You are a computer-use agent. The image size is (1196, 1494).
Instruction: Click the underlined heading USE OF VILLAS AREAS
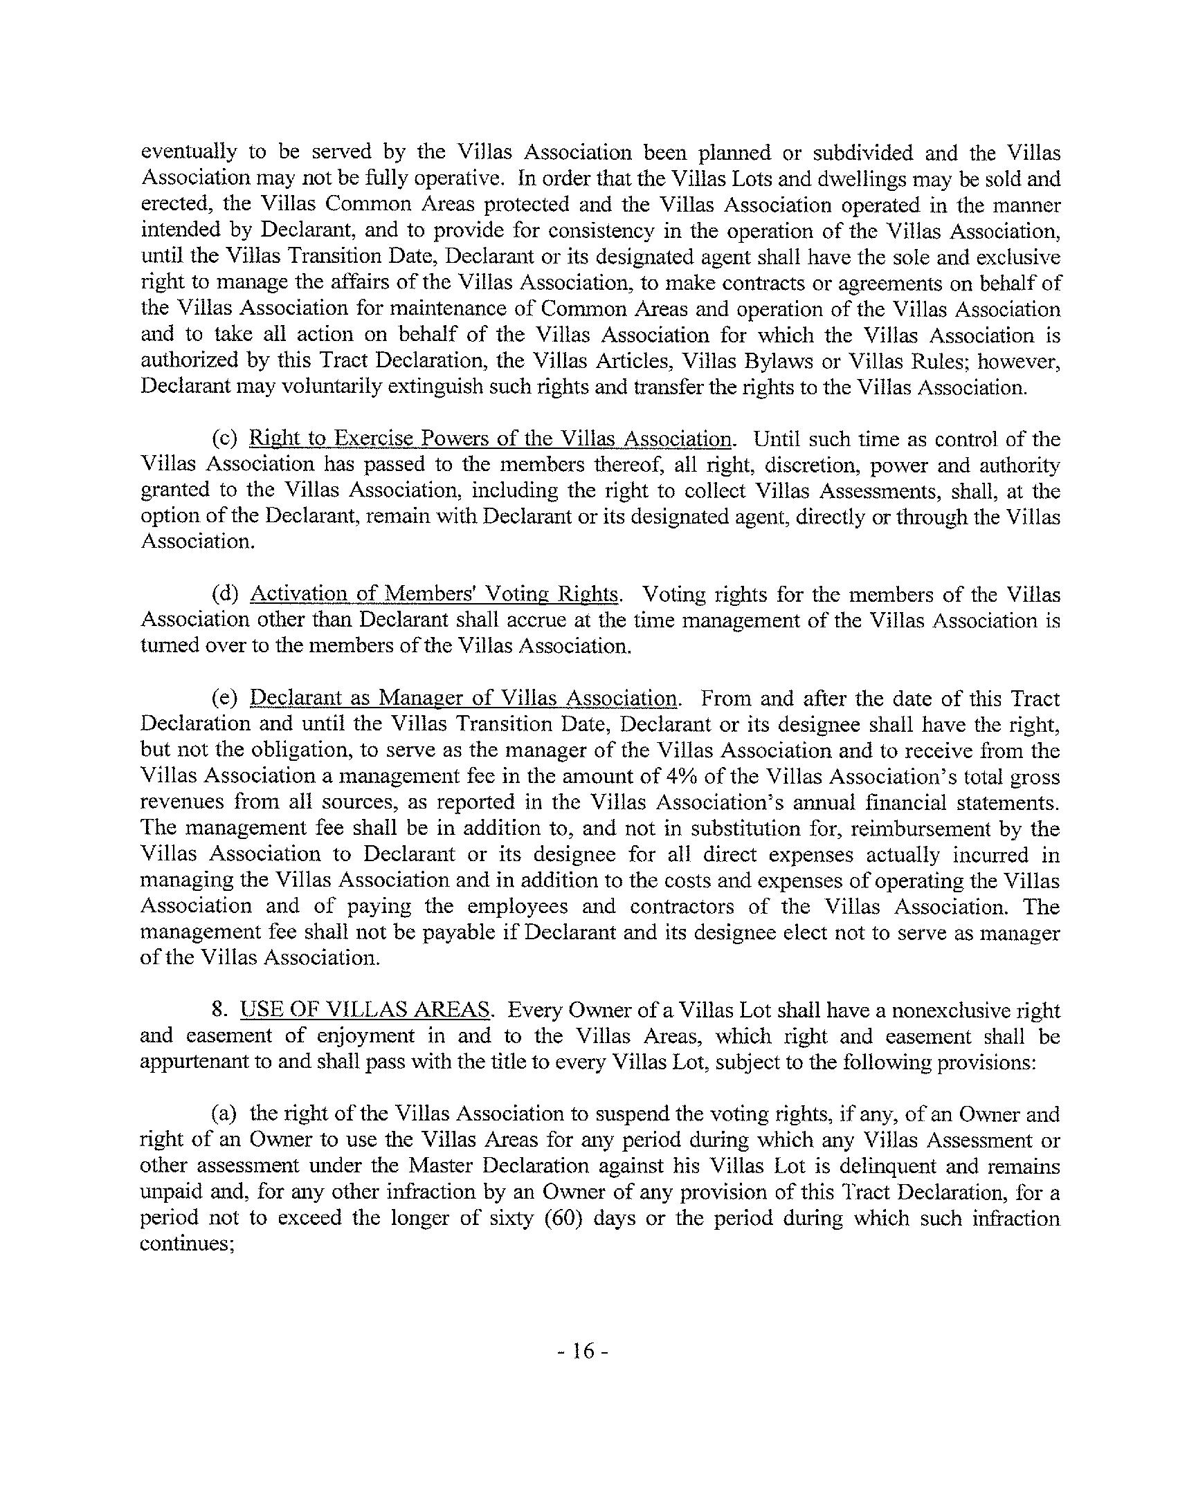click(x=365, y=1010)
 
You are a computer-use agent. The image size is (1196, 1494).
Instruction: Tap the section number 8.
click(x=221, y=1010)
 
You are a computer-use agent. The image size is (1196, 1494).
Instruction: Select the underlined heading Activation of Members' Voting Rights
click(x=433, y=595)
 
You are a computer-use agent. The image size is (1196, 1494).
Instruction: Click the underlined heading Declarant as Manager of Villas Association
click(x=463, y=698)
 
